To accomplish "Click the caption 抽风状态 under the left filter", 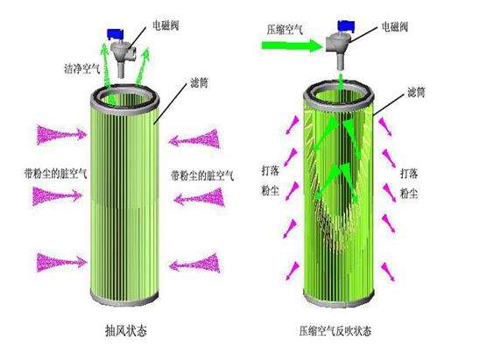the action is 126,331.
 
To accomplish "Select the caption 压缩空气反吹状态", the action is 335,331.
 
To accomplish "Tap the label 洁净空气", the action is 82,68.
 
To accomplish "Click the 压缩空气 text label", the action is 285,30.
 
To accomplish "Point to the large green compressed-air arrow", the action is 292,46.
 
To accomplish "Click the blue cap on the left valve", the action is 116,33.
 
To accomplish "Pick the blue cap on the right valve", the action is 346,25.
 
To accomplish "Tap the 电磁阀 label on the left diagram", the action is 166,25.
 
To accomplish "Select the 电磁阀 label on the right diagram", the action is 395,27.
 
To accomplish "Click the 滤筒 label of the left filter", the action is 199,82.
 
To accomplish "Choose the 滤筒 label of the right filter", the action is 416,92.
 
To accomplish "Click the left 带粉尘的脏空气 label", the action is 55,173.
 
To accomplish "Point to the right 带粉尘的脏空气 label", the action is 202,176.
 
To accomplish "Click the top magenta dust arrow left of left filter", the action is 61,135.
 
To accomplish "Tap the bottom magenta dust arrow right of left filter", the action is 194,263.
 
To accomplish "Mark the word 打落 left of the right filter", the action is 271,171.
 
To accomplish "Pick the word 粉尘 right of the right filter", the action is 409,194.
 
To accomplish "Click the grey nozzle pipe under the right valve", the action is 341,60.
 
